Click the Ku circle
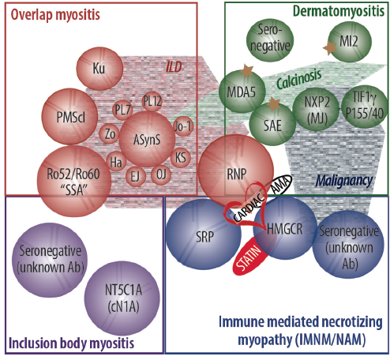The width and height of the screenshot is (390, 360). pyautogui.click(x=99, y=69)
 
